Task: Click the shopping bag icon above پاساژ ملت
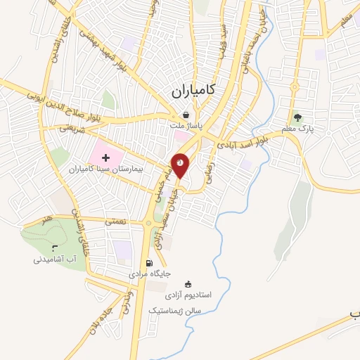pyautogui.click(x=185, y=115)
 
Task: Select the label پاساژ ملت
pyautogui.click(x=186, y=126)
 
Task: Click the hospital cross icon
pyautogui.click(x=105, y=160)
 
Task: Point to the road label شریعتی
pyautogui.click(x=70, y=129)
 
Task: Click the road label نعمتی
pyautogui.click(x=115, y=221)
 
